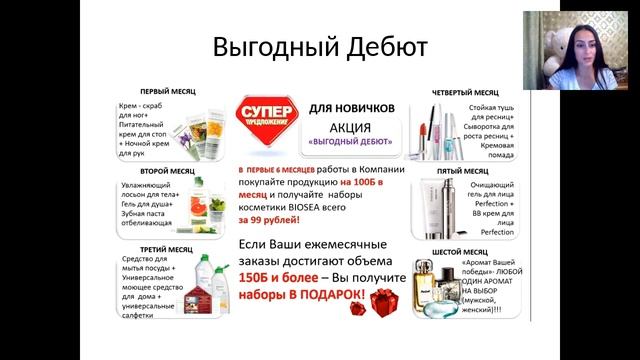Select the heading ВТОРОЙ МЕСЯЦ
click(x=167, y=172)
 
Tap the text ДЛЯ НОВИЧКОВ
click(x=351, y=108)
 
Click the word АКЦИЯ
click(x=350, y=127)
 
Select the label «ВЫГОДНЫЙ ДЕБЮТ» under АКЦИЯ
click(x=350, y=142)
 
